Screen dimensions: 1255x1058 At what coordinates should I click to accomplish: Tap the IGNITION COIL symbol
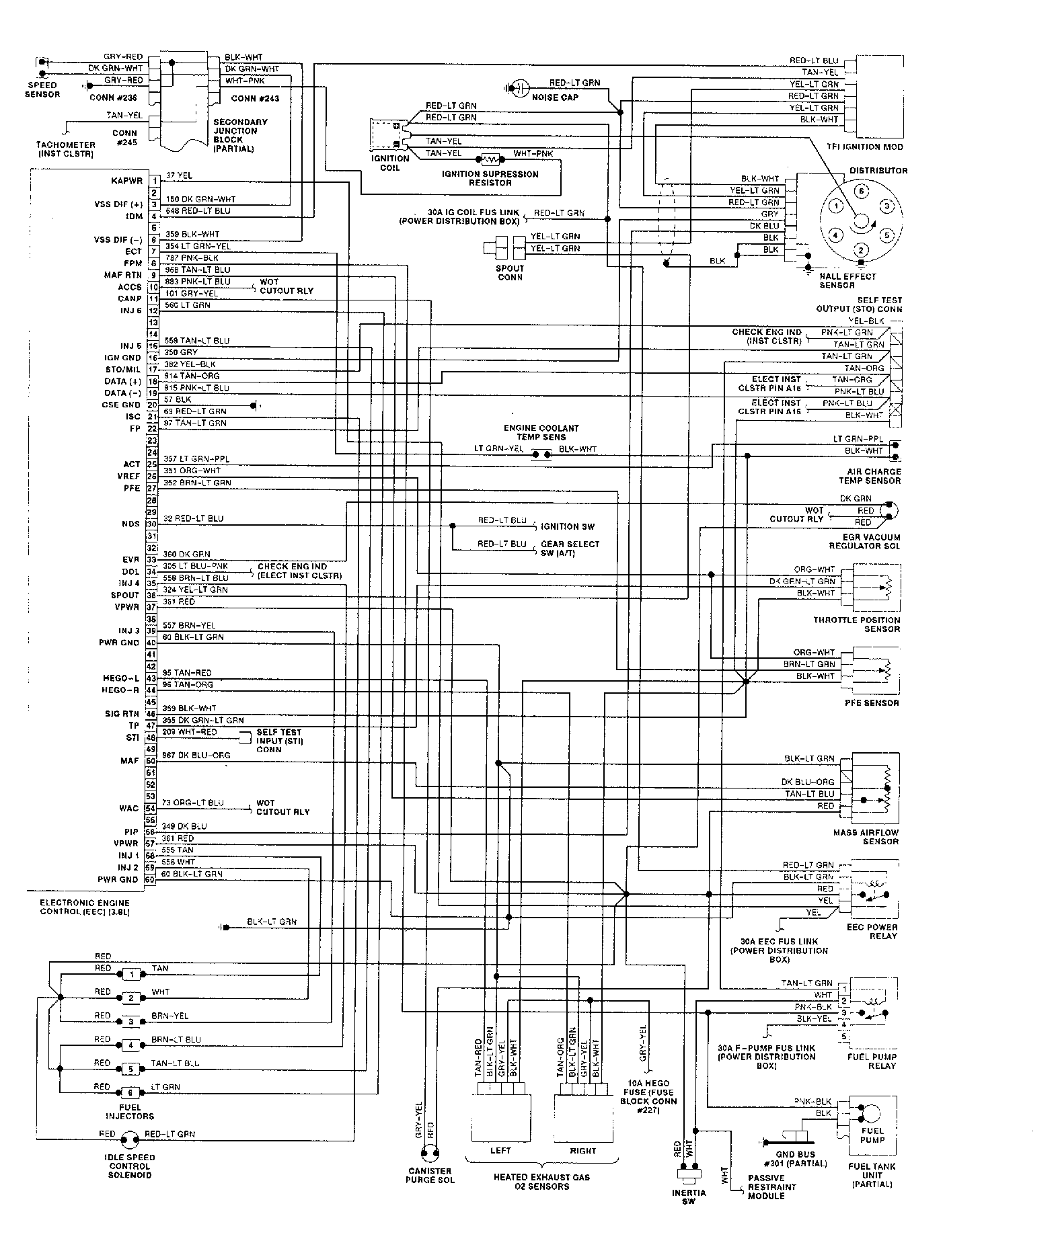click(x=386, y=135)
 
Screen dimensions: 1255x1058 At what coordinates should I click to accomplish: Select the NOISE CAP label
click(x=555, y=97)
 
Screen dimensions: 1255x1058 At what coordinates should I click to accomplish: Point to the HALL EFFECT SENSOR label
click(x=847, y=280)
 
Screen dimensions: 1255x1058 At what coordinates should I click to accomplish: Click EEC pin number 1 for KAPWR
click(x=154, y=181)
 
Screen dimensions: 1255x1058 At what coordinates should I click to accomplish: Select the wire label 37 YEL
click(x=178, y=175)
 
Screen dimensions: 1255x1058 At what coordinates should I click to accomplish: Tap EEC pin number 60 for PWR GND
click(x=150, y=879)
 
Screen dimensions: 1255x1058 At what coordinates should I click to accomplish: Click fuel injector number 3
click(x=133, y=1022)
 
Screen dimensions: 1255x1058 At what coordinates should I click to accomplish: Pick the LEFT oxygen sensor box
click(x=501, y=1119)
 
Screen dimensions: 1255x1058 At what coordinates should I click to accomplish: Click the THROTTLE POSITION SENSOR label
click(x=856, y=624)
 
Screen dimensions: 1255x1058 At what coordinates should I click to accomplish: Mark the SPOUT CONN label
click(x=510, y=272)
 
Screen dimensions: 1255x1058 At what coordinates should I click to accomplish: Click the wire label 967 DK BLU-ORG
click(x=196, y=755)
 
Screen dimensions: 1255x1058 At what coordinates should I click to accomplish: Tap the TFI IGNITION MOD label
click(x=865, y=147)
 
